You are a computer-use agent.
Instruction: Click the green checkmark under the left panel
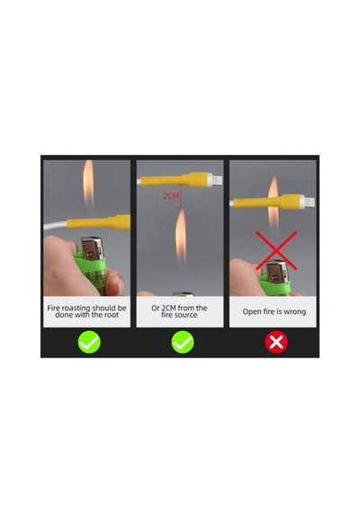pyautogui.click(x=89, y=342)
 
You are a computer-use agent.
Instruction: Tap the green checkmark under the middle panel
pyautogui.click(x=183, y=342)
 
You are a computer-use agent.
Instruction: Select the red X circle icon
pyautogui.click(x=276, y=342)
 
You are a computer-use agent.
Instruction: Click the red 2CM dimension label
pyautogui.click(x=171, y=196)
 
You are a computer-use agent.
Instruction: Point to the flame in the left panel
pyautogui.click(x=88, y=184)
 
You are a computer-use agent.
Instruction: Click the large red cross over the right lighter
pyautogui.click(x=276, y=250)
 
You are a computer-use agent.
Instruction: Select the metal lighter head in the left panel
pyautogui.click(x=93, y=247)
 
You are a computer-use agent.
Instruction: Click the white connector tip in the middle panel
pyautogui.click(x=215, y=180)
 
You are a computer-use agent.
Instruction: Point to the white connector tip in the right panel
pyautogui.click(x=308, y=202)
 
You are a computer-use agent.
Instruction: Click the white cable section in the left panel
pyautogui.click(x=55, y=226)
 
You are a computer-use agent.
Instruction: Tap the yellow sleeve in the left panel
pyautogui.click(x=98, y=222)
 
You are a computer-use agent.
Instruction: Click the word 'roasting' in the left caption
pyautogui.click(x=76, y=308)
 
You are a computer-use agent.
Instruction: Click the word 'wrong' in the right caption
pyautogui.click(x=294, y=311)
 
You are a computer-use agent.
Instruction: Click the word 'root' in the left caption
pyautogui.click(x=112, y=315)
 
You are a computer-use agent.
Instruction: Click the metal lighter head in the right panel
pyautogui.click(x=278, y=272)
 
